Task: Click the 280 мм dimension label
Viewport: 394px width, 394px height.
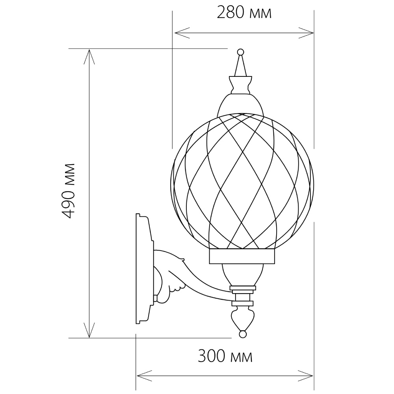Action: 244,13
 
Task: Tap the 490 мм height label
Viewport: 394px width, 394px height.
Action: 70,191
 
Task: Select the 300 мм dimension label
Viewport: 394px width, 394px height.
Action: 225,357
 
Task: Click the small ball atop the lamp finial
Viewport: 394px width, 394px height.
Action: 240,52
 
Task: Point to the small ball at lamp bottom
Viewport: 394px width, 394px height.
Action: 242,334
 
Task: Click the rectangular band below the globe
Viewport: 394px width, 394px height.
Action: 242,256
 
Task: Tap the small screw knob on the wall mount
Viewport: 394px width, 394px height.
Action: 156,299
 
